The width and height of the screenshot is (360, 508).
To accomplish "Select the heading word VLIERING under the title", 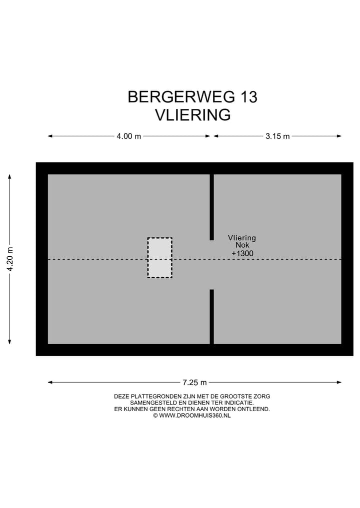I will click(x=192, y=115).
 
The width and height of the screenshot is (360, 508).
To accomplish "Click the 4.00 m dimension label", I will click(x=128, y=136).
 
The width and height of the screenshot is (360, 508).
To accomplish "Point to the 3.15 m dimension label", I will click(x=277, y=136).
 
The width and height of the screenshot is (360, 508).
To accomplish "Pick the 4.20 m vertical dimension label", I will click(x=9, y=259).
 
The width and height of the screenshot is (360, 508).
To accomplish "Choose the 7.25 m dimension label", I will click(x=194, y=383).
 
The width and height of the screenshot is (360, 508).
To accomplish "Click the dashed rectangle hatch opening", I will click(x=159, y=258).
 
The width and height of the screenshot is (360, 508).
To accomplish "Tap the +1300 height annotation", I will click(x=242, y=254).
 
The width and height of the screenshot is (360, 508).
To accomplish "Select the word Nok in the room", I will click(x=242, y=246).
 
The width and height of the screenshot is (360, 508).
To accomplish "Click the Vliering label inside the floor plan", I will click(x=242, y=238).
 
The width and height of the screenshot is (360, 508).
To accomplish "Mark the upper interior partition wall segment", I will click(x=212, y=207).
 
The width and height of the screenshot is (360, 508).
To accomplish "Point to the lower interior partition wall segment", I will click(x=212, y=316).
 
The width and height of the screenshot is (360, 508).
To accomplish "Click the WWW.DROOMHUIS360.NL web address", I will click(x=195, y=415).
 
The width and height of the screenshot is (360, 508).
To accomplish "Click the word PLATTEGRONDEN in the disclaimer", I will click(x=155, y=396).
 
